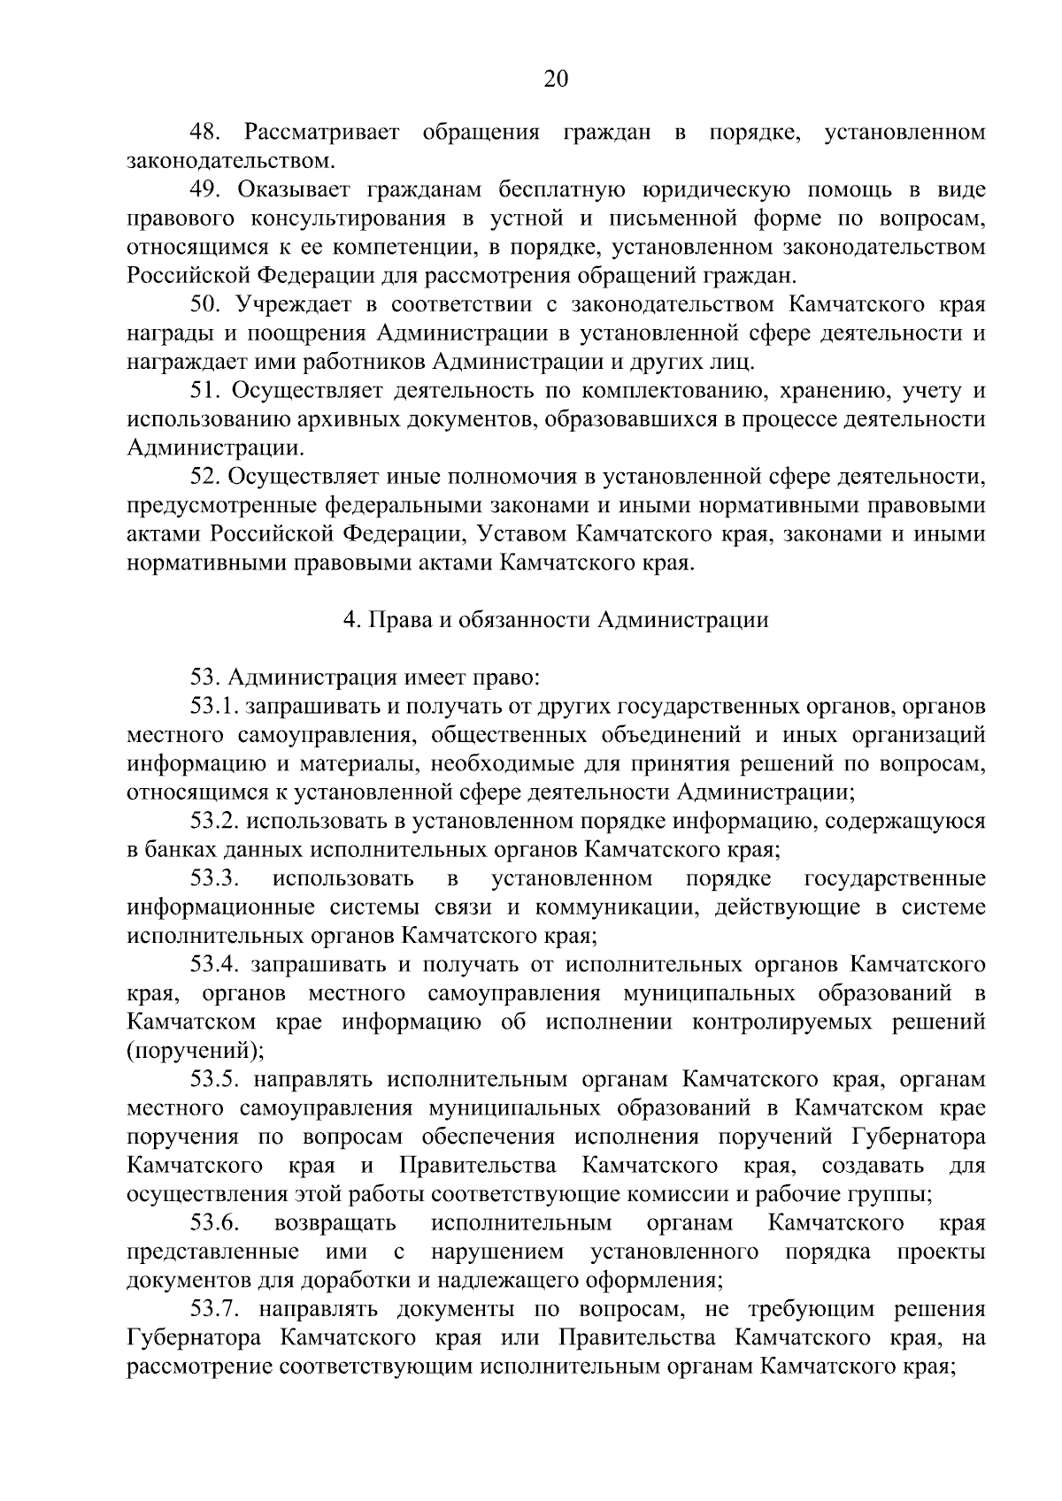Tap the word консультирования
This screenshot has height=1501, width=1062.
pos(345,218)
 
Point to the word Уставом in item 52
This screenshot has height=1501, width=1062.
pos(520,534)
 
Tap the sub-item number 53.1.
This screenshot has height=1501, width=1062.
pos(215,707)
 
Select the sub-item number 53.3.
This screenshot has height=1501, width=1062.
pos(215,879)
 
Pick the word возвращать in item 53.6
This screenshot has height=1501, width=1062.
pos(335,1224)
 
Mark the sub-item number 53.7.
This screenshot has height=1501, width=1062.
pos(215,1310)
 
